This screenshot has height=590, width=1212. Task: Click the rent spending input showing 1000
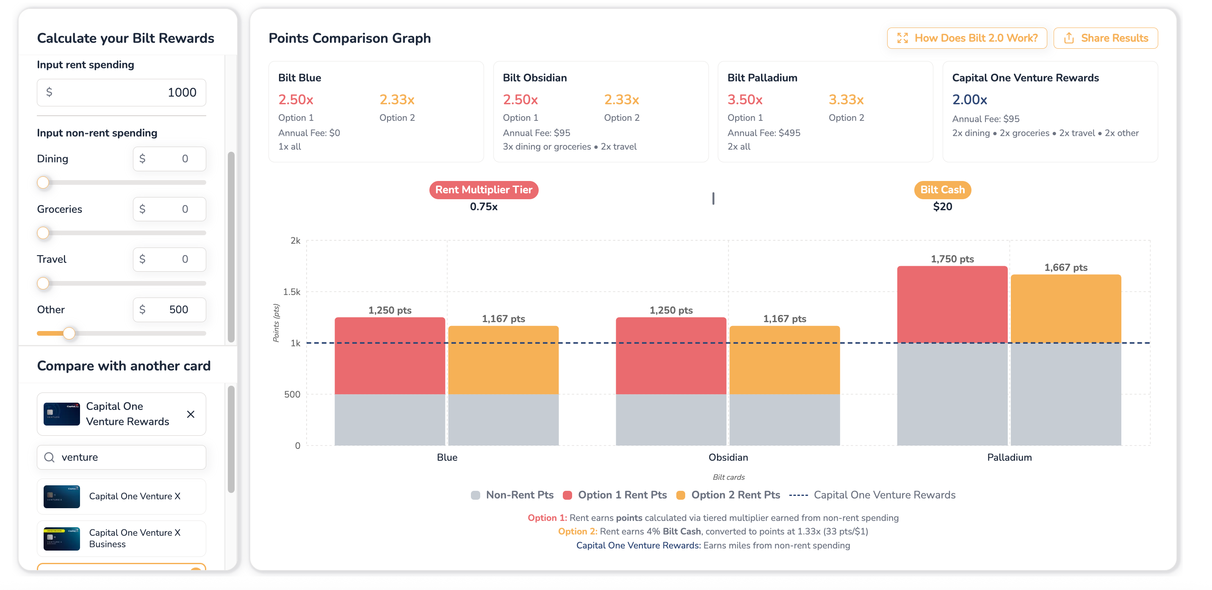[x=122, y=92]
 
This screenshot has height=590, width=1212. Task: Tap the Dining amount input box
[x=169, y=159]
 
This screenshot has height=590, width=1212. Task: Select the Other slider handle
[x=69, y=334]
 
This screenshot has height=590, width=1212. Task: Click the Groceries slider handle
[x=43, y=233]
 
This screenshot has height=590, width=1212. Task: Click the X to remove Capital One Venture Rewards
[x=191, y=415]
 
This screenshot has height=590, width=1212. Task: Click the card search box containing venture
[x=122, y=457]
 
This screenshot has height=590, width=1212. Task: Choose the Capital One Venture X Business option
[x=122, y=538]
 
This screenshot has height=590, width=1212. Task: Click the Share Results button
[x=1105, y=38]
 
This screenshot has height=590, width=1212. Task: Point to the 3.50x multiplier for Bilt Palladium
[x=745, y=100]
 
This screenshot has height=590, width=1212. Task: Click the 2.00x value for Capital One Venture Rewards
[x=969, y=100]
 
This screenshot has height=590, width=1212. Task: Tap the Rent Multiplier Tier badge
[x=484, y=190]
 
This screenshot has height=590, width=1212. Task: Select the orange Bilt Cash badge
[x=942, y=190]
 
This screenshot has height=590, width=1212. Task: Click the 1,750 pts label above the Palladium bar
[x=952, y=259]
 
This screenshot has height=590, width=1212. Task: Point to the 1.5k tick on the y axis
[x=292, y=292]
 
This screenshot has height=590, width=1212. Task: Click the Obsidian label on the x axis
[x=728, y=457]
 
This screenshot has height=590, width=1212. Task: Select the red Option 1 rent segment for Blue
[x=390, y=356]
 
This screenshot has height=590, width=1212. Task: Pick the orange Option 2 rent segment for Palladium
[x=1065, y=309]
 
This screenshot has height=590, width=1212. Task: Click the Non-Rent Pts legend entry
[x=512, y=495]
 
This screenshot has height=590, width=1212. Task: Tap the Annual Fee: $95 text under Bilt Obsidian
[x=537, y=133]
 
